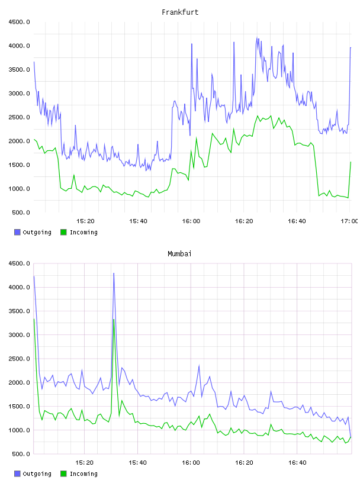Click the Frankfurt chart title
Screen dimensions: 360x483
click(180, 12)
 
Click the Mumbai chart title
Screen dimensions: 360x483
click(179, 254)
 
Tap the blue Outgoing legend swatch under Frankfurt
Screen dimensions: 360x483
click(17, 232)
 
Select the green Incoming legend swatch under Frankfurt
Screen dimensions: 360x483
click(63, 232)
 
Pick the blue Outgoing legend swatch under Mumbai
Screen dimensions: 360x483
click(17, 474)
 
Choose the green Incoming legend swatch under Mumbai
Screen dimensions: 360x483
click(63, 474)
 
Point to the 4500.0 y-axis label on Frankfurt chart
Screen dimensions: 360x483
click(20, 22)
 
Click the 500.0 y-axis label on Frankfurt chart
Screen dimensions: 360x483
click(21, 212)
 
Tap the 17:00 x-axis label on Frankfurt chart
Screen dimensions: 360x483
click(349, 221)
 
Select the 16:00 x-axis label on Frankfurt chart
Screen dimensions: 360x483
click(191, 221)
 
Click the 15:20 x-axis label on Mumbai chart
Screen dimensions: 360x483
click(85, 463)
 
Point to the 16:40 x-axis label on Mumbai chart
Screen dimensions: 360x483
click(297, 463)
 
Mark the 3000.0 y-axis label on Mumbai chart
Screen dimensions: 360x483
click(20, 335)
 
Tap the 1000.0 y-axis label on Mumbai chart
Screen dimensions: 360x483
click(20, 430)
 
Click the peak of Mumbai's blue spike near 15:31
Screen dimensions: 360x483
click(114, 273)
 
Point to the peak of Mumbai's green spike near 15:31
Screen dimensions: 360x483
click(114, 320)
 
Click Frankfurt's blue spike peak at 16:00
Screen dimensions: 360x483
click(192, 44)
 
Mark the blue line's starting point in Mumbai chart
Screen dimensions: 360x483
click(34, 276)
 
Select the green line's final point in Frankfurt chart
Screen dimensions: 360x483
click(351, 162)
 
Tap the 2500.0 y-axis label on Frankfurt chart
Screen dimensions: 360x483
click(20, 117)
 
